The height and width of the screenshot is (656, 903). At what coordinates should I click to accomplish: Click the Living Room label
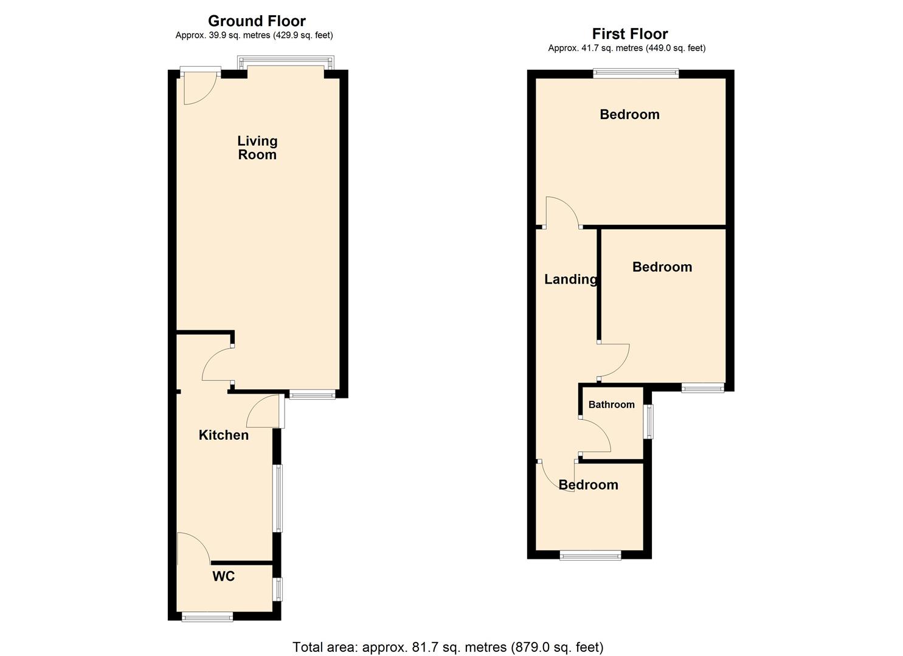click(x=257, y=148)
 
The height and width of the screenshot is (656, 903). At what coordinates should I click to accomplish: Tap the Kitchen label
click(x=224, y=435)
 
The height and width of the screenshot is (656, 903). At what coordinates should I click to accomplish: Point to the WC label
click(x=223, y=576)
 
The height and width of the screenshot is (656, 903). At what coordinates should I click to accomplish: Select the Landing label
click(x=570, y=279)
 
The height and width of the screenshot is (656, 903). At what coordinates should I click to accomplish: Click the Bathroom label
click(x=611, y=405)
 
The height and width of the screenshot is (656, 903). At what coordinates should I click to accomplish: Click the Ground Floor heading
click(x=257, y=21)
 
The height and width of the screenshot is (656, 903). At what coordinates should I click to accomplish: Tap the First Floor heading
click(x=630, y=34)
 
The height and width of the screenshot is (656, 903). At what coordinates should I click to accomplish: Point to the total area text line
click(x=448, y=647)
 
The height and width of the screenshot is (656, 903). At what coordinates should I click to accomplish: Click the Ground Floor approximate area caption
click(x=254, y=35)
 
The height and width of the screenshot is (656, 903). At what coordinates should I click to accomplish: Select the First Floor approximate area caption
click(x=627, y=48)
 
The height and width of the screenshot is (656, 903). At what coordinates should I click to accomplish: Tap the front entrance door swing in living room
click(x=199, y=89)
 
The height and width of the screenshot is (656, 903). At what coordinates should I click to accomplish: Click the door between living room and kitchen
click(x=216, y=364)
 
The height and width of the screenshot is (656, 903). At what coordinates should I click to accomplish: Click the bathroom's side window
click(x=649, y=422)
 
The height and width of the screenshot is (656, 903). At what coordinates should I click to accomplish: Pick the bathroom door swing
click(x=595, y=435)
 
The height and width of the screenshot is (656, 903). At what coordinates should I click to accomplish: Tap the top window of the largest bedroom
click(x=635, y=73)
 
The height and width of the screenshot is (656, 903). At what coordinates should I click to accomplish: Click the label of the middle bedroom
click(x=662, y=267)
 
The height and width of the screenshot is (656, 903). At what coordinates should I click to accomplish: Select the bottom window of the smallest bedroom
click(x=590, y=555)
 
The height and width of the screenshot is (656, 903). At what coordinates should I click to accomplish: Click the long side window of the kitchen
click(x=277, y=498)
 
